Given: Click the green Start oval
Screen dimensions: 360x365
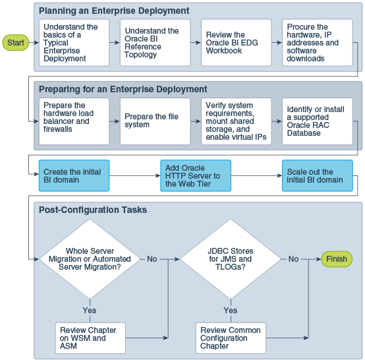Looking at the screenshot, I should pyautogui.click(x=15, y=43).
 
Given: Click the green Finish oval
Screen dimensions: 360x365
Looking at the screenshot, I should pyautogui.click(x=336, y=259).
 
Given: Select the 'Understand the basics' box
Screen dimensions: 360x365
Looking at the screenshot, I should pyautogui.click(x=74, y=43).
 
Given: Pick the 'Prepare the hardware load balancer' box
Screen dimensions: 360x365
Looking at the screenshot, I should pyautogui.click(x=74, y=121).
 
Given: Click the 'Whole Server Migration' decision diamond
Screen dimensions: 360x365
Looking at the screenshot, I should pyautogui.click(x=90, y=259).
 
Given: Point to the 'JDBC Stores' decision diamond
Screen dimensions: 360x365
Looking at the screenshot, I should pyautogui.click(x=231, y=259).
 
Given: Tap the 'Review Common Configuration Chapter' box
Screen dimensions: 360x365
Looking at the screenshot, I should pyautogui.click(x=231, y=338).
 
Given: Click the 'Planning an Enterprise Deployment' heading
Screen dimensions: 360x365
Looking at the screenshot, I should pyautogui.click(x=114, y=11).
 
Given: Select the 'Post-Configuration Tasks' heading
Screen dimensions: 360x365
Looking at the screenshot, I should pyautogui.click(x=93, y=210).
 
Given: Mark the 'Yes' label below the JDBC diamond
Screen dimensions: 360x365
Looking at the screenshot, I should pyautogui.click(x=231, y=310).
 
